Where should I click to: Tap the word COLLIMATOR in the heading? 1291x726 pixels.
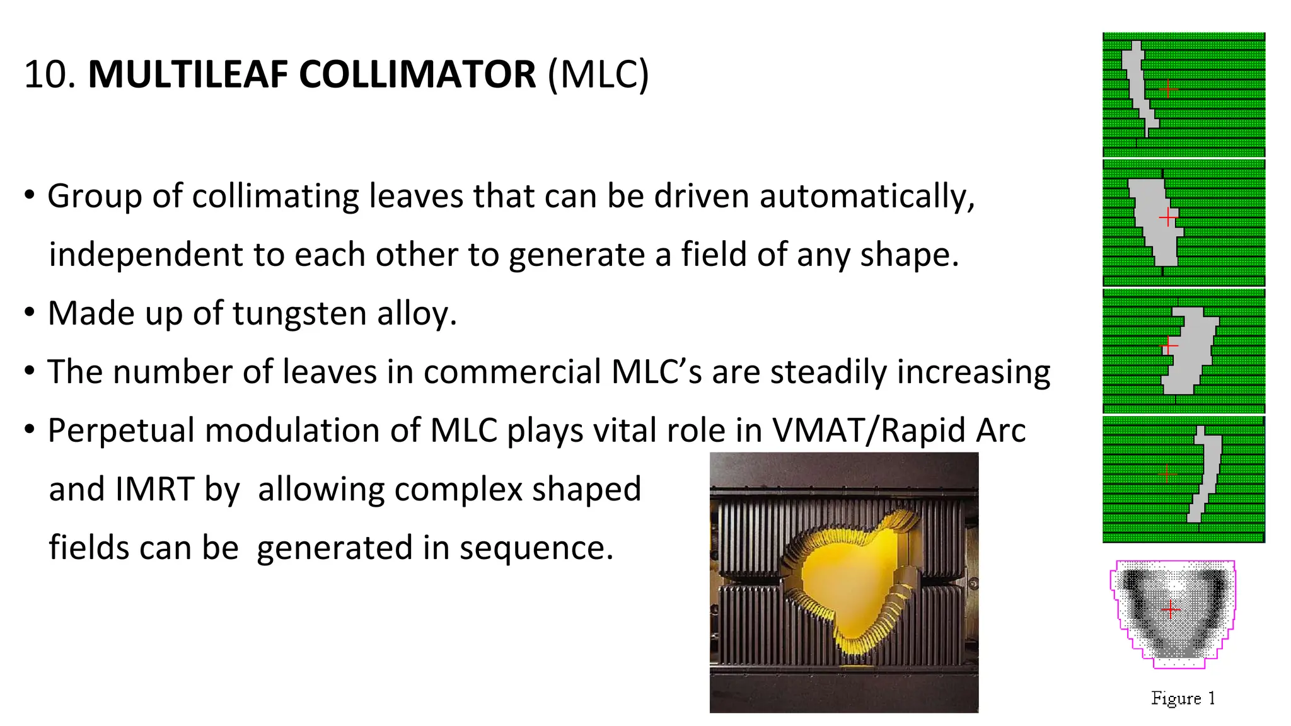pyautogui.click(x=417, y=74)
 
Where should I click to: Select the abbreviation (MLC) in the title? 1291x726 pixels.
pyautogui.click(x=598, y=74)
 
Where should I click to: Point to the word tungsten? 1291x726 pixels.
pyautogui.click(x=299, y=313)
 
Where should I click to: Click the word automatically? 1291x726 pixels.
pyautogui.click(x=867, y=196)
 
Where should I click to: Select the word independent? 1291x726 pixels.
pyautogui.click(x=146, y=255)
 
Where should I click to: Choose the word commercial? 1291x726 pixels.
pyautogui.click(x=511, y=372)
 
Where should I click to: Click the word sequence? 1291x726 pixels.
pyautogui.click(x=536, y=548)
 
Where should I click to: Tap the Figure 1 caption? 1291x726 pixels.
pyautogui.click(x=1183, y=698)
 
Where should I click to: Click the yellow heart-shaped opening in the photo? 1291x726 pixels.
pyautogui.click(x=845, y=583)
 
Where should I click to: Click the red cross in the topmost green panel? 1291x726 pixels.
pyautogui.click(x=1168, y=89)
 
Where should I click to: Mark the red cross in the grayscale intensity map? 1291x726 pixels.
pyautogui.click(x=1171, y=609)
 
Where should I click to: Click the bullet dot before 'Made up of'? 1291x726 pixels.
pyautogui.click(x=30, y=312)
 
